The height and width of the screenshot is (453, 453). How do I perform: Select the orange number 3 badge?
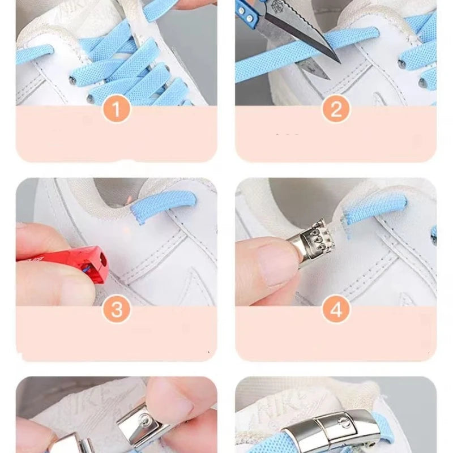117,310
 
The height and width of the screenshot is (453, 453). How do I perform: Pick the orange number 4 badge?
336,310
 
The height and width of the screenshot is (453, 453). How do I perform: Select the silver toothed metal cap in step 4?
317,243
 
